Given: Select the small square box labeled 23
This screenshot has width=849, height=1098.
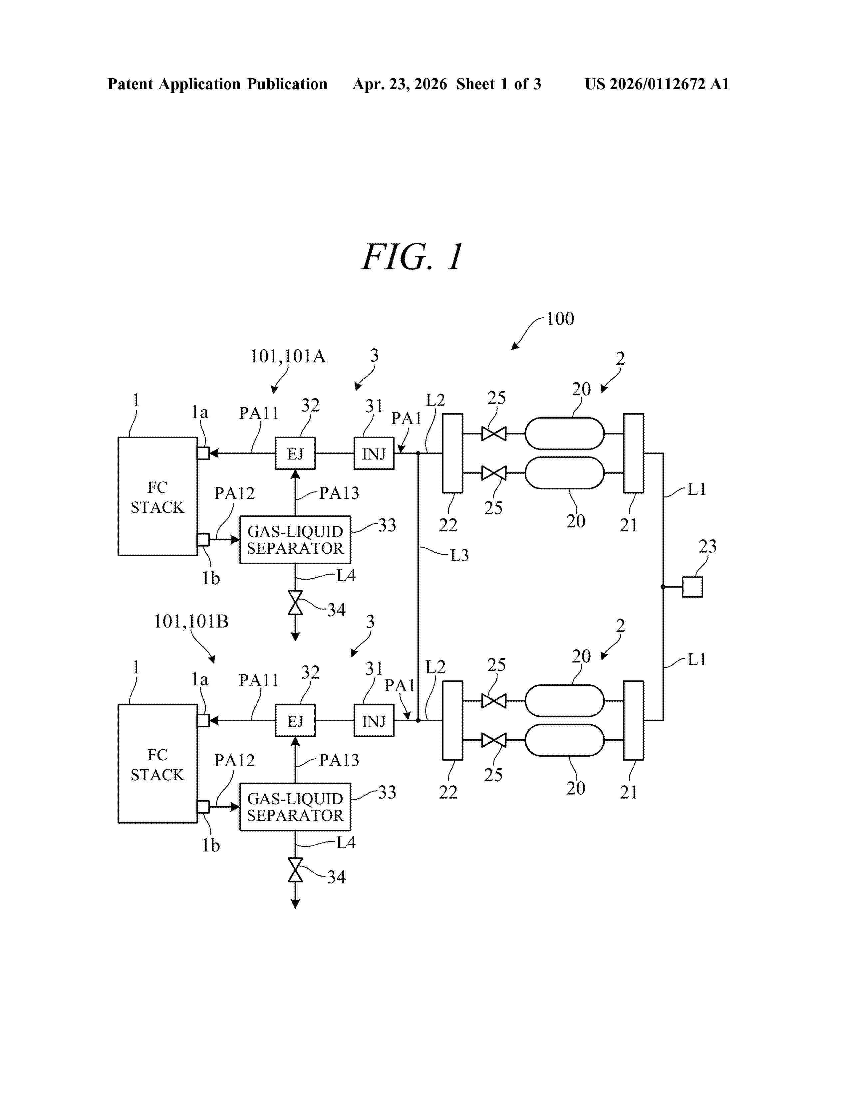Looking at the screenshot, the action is tap(692, 587).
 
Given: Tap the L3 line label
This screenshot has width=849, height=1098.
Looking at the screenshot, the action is tap(459, 556).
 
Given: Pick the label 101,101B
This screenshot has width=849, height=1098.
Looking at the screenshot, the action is tap(191, 622).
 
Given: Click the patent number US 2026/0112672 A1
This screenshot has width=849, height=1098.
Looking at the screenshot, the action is tap(657, 84).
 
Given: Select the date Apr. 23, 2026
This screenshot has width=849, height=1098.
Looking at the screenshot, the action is tap(400, 84).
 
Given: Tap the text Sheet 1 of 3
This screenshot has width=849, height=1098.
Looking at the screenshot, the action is tap(498, 84).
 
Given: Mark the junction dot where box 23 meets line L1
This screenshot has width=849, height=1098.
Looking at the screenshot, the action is tap(663, 587).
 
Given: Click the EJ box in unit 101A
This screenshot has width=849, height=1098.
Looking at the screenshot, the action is tap(295, 454).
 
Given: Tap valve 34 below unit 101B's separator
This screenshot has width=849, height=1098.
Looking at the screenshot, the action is tap(295, 870).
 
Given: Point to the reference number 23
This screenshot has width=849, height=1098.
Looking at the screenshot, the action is tap(708, 546).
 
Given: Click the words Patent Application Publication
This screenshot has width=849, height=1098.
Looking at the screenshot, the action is tap(217, 84).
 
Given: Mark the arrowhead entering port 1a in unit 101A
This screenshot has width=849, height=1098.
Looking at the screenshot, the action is tap(213, 454).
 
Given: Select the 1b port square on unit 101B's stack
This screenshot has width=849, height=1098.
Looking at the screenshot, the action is tap(203, 807).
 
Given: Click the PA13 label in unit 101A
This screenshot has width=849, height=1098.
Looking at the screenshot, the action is tap(339, 493).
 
